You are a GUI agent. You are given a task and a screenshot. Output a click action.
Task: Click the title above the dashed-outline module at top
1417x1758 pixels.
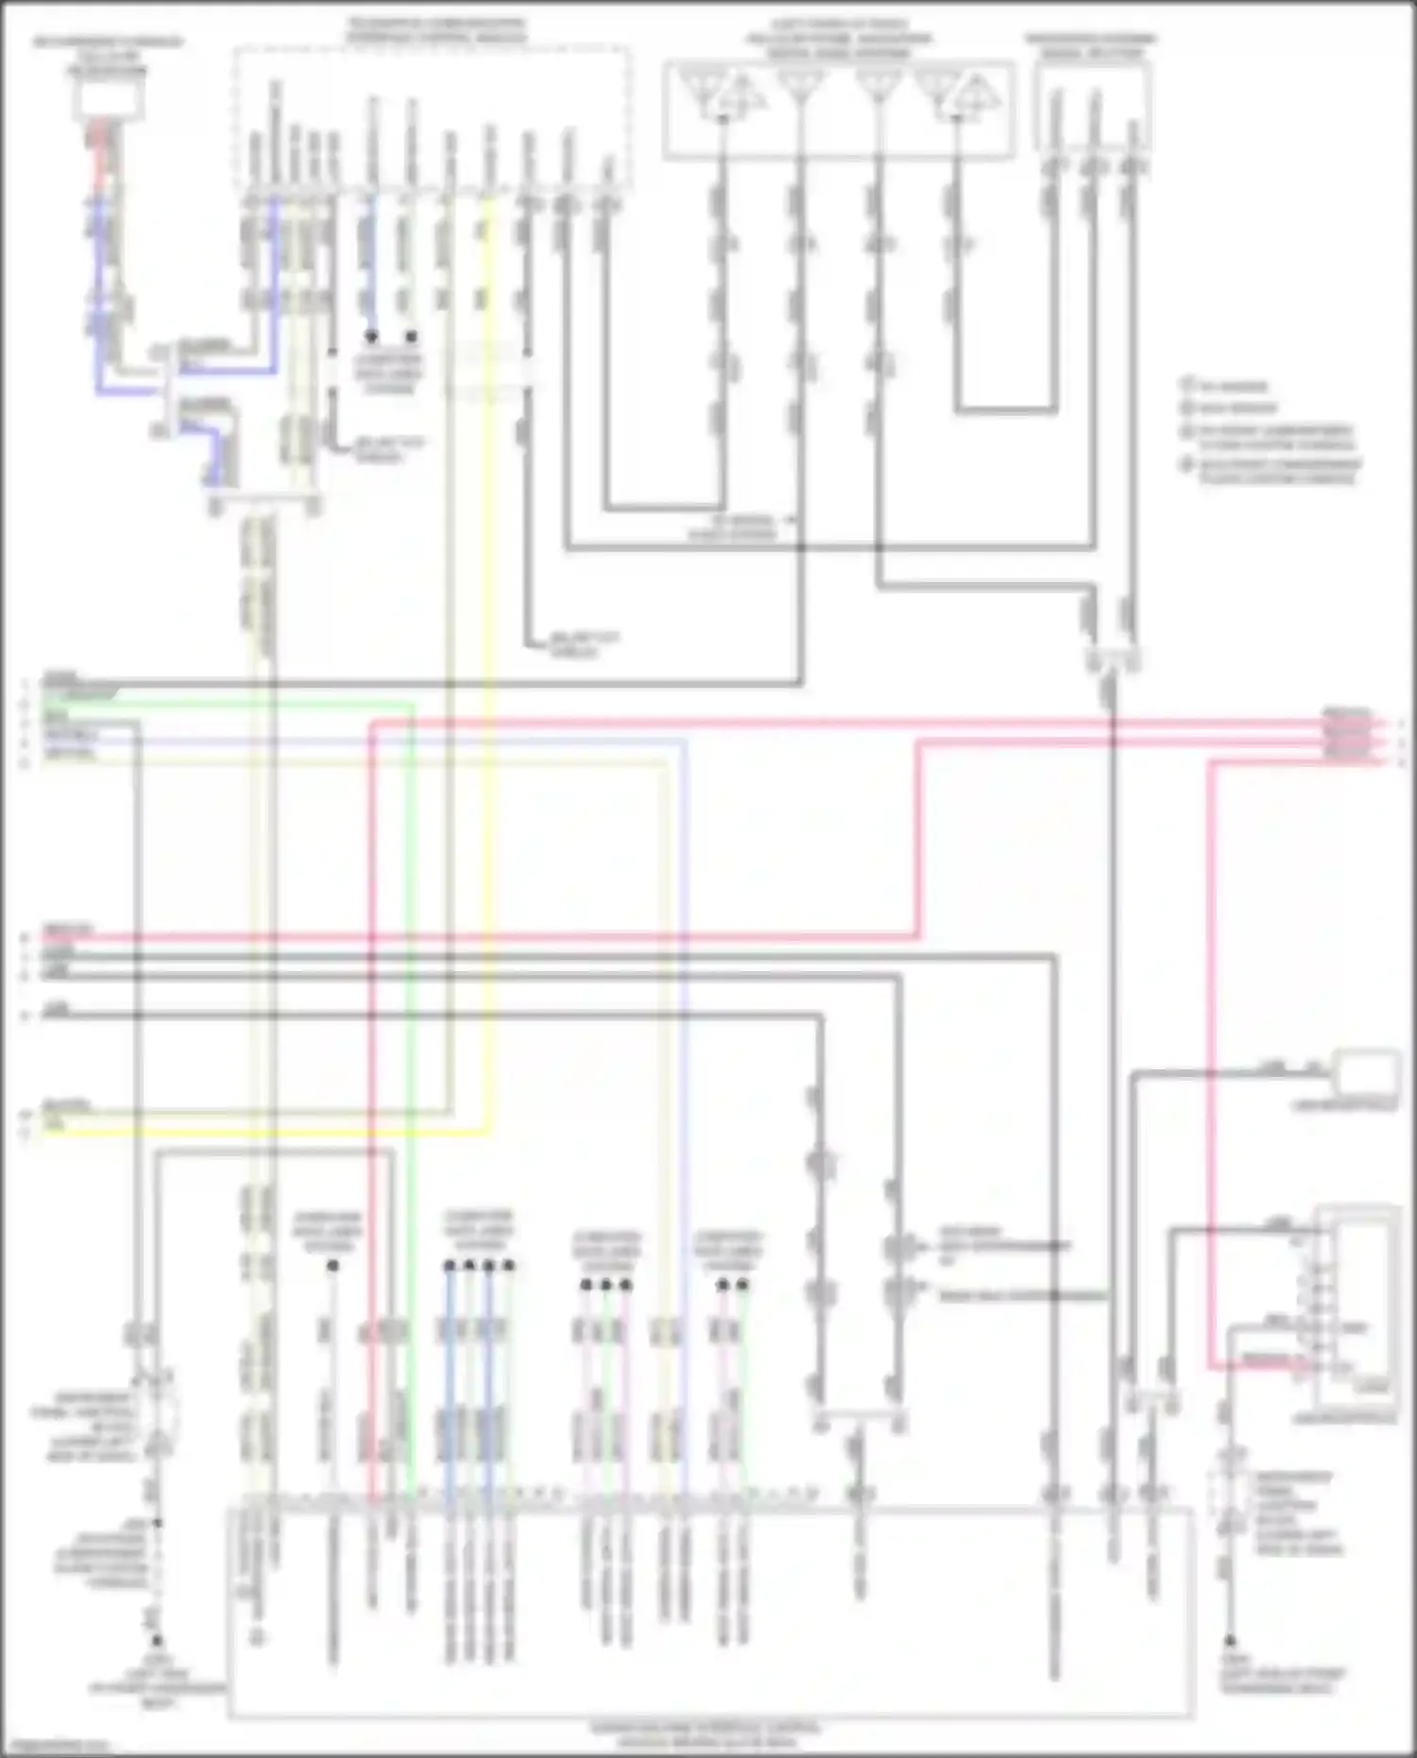pos(436,30)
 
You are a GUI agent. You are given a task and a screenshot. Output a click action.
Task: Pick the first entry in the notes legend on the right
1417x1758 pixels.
pos(1225,386)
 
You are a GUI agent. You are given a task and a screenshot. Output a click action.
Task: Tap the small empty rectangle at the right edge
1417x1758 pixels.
pos(1366,1071)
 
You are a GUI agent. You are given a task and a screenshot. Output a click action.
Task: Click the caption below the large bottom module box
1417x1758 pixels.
pos(707,1734)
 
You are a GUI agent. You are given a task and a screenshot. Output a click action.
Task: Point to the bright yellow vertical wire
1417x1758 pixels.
pos(488,661)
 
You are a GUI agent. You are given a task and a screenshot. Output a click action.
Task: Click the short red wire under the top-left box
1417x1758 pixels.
pos(98,151)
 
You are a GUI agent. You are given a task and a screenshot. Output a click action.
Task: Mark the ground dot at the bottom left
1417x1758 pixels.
pos(157,1641)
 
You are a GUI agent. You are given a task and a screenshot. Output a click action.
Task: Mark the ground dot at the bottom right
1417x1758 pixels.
pos(1231,1641)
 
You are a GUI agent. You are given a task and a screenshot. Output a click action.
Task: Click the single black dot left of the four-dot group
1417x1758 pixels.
pos(333,1264)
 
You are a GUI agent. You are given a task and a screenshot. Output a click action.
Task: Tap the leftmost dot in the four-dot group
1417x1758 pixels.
pos(450,1264)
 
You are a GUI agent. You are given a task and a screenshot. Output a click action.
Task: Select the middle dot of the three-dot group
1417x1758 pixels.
pos(606,1284)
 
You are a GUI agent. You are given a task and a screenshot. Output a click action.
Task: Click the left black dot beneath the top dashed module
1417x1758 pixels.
pos(371,336)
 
